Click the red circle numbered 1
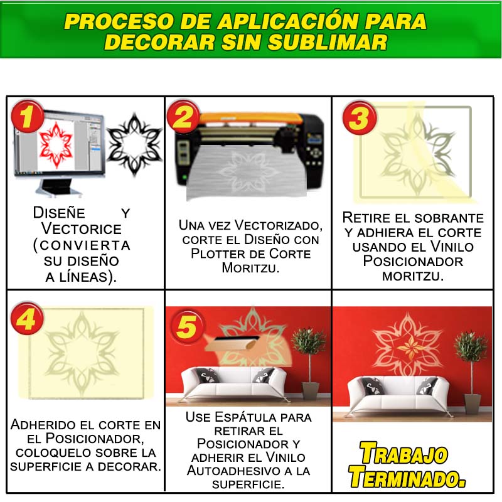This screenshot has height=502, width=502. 27,116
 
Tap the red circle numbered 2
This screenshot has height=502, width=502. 183,116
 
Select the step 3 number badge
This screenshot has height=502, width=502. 359,117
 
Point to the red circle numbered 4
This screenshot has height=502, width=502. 27,318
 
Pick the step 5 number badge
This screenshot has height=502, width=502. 187,326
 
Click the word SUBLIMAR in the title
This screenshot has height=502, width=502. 328,42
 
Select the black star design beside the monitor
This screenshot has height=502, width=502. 134,145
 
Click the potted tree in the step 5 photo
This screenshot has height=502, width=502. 309,363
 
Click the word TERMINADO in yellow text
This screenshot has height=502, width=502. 407,477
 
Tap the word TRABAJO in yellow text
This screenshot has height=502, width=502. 404,452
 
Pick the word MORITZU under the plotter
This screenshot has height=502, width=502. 250,268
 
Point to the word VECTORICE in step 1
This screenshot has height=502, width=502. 82,229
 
